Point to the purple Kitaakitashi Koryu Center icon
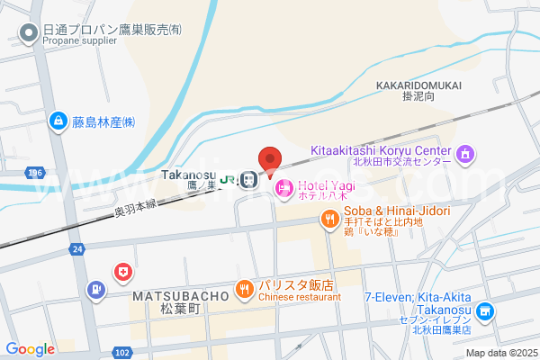coord(464,155)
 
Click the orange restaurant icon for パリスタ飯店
coord(244,289)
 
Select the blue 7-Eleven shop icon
coord(485,312)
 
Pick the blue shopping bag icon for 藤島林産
coord(58,121)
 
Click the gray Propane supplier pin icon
coord(29,34)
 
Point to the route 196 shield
coord(35,172)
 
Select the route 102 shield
coord(123,352)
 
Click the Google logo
coord(30,349)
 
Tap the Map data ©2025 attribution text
coord(500,353)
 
